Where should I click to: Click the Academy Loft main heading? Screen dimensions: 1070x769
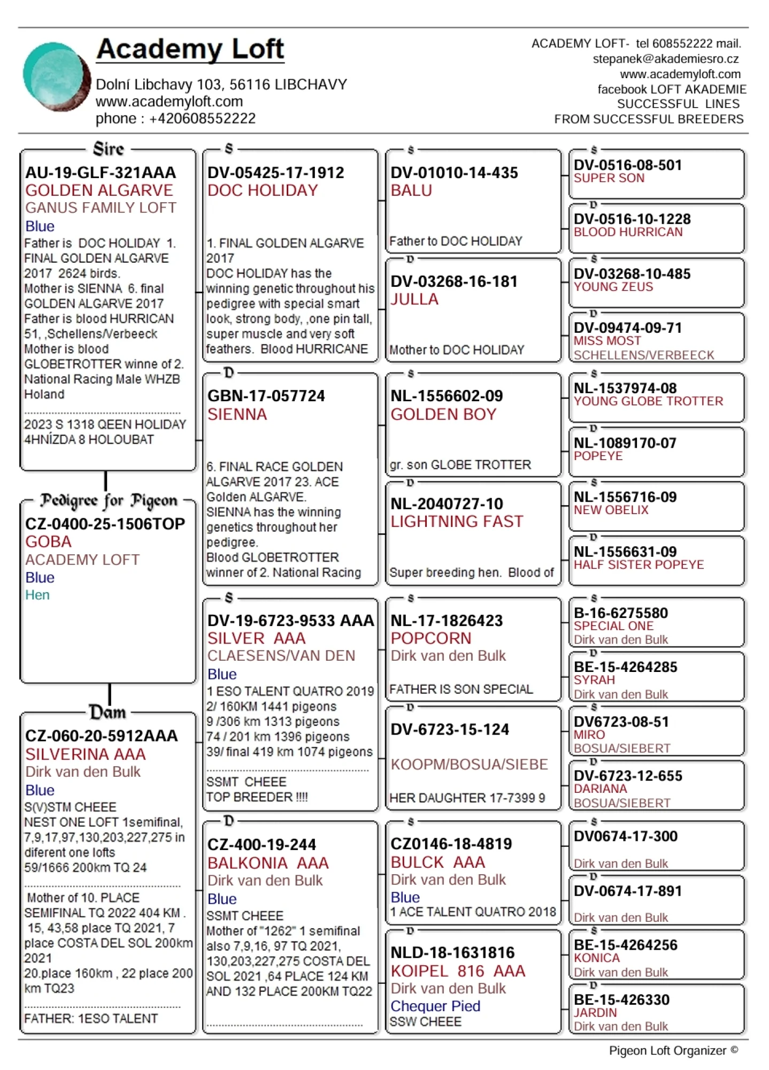click(x=190, y=49)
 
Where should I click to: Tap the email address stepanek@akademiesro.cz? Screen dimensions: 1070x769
click(x=665, y=59)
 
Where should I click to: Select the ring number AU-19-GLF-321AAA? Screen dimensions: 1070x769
click(x=101, y=173)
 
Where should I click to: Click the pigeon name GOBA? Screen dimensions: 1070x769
click(x=48, y=541)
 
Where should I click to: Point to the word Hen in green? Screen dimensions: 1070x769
click(x=37, y=595)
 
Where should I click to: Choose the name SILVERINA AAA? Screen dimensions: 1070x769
click(x=86, y=754)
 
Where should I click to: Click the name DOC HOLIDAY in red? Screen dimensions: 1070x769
click(x=263, y=190)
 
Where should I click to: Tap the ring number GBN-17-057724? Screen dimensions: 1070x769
click(x=266, y=396)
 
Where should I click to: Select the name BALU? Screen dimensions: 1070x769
click(x=411, y=190)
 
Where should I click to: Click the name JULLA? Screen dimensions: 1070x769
click(x=414, y=299)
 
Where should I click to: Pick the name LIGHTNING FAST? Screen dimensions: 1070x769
click(x=457, y=521)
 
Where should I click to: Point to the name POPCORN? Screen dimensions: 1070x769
click(x=431, y=638)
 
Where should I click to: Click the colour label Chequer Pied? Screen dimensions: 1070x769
click(x=435, y=1006)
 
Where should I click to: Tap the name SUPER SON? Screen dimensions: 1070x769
click(x=609, y=178)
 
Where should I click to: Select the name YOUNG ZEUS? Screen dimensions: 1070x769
click(x=613, y=287)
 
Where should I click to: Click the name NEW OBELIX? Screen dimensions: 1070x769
click(x=611, y=510)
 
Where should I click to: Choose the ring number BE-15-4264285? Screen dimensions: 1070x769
click(x=626, y=667)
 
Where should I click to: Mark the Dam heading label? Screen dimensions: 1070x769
click(x=108, y=712)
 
